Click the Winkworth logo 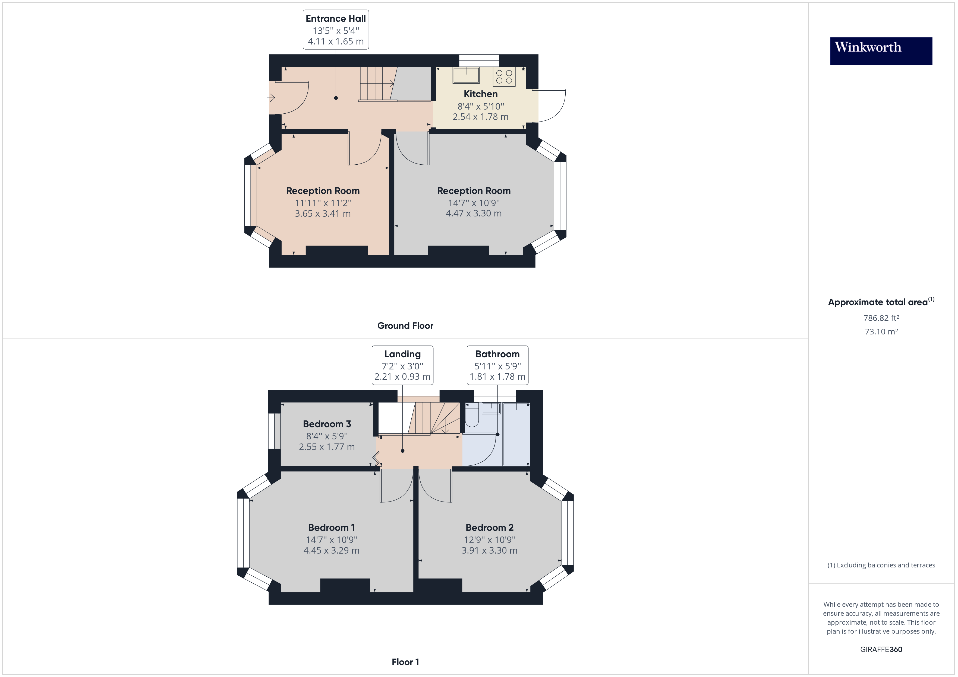click(881, 51)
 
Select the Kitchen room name click(480, 94)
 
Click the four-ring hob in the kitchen click(504, 77)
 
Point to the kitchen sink click(466, 75)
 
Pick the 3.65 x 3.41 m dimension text click(323, 214)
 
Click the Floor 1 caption click(405, 662)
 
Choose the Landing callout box click(402, 365)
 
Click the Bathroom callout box click(497, 365)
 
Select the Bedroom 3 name click(327, 424)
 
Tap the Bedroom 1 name click(331, 528)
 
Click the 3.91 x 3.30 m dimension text click(489, 551)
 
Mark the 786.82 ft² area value click(881, 318)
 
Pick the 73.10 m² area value click(881, 332)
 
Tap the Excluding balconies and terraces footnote click(881, 565)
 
